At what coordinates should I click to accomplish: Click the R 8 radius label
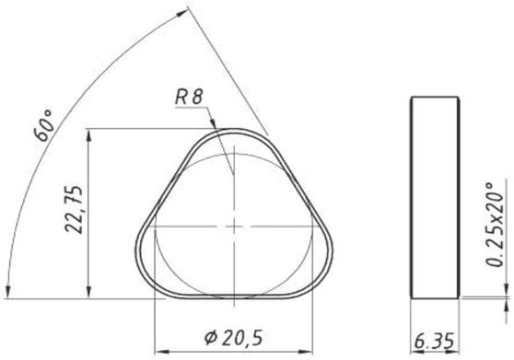(189, 97)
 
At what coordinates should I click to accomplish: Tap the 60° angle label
(43, 125)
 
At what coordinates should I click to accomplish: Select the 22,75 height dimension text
(73, 209)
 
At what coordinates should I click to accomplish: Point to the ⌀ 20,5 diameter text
(234, 338)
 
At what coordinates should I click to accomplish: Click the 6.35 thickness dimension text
(434, 341)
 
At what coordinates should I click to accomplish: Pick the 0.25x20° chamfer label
(495, 225)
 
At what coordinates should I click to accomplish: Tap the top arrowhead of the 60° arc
(182, 13)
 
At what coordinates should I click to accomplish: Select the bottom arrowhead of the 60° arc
(8, 292)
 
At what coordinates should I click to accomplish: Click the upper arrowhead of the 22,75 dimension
(88, 136)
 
